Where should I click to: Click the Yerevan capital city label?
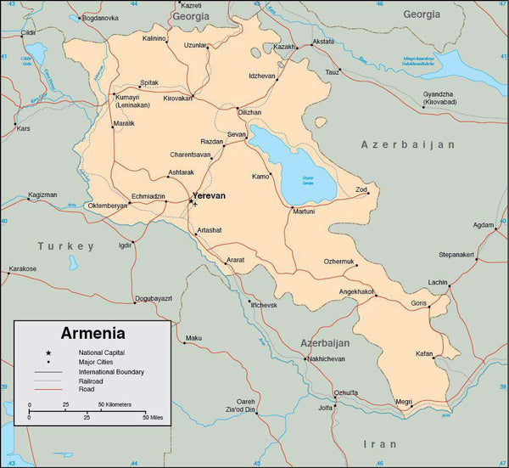(210, 195)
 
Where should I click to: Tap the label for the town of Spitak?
(148, 82)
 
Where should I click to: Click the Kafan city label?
(424, 353)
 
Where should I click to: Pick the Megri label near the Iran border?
(403, 402)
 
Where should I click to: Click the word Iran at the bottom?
(379, 443)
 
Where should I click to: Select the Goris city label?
(419, 303)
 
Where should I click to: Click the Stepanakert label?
(456, 254)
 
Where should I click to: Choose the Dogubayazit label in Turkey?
(153, 298)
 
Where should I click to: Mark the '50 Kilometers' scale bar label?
(115, 404)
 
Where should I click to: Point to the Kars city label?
(23, 129)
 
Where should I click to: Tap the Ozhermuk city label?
(338, 261)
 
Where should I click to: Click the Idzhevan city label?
(261, 76)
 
